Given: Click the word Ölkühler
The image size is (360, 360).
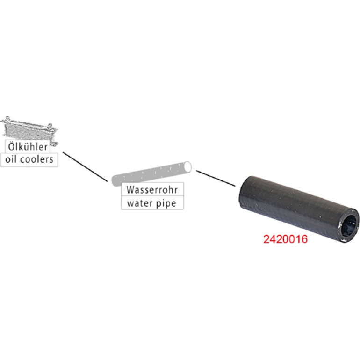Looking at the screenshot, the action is pyautogui.click(x=28, y=147).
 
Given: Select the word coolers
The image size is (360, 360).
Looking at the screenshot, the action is pyautogui.click(x=37, y=159).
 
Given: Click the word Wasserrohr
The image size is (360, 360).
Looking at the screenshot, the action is pyautogui.click(x=152, y=190).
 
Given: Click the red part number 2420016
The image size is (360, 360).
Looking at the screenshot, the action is pyautogui.click(x=285, y=239).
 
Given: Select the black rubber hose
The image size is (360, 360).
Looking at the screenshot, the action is pyautogui.click(x=298, y=209).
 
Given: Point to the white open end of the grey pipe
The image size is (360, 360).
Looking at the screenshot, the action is pyautogui.click(x=187, y=167).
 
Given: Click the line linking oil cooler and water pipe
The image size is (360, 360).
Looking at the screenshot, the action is pyautogui.click(x=85, y=167).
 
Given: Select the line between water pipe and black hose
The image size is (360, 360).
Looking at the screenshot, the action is pyautogui.click(x=216, y=178).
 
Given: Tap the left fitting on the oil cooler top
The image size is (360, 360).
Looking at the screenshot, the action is pyautogui.click(x=7, y=118).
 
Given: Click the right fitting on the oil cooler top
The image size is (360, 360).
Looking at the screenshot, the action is pyautogui.click(x=50, y=126).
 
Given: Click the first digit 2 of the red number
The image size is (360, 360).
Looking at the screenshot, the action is pyautogui.click(x=266, y=239).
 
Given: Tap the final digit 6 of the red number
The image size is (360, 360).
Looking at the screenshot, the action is pyautogui.click(x=304, y=239).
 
